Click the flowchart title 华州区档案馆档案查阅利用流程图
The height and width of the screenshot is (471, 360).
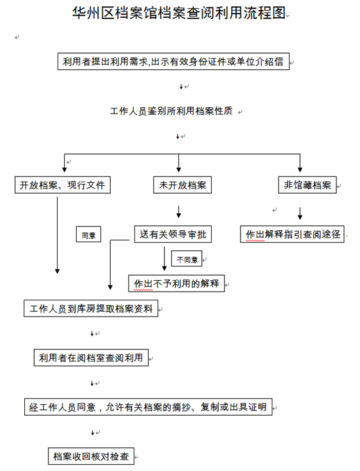pos(179,13)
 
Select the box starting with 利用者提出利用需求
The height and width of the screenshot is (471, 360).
pos(174,61)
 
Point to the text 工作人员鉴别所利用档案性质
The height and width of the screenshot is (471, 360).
pos(171,111)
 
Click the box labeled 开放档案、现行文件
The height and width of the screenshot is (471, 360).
pos(62,184)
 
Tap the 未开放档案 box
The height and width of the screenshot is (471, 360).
pos(182,184)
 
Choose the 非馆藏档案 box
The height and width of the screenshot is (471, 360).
pos(307,184)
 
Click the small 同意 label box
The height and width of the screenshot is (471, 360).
pos(88,234)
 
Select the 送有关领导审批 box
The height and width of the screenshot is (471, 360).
pos(172,234)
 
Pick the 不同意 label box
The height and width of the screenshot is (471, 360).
pos(186,259)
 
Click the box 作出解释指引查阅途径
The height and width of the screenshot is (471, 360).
pos(292,234)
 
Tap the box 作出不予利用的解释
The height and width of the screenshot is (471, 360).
pos(177,283)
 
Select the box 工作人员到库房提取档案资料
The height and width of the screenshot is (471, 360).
pos(91,308)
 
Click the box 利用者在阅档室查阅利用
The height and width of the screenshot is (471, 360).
pos(91,357)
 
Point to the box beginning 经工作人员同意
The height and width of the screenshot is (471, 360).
pos(148,407)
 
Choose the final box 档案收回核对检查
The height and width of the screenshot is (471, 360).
pos(91,456)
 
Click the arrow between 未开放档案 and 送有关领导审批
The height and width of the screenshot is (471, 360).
pos(179,212)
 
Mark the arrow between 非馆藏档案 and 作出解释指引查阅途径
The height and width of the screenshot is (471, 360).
pos(300,213)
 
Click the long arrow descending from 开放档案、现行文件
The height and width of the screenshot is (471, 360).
pos(57,235)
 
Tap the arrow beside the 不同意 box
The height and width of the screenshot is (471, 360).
pos(164,259)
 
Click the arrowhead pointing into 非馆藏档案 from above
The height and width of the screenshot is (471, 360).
pos(300,169)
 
